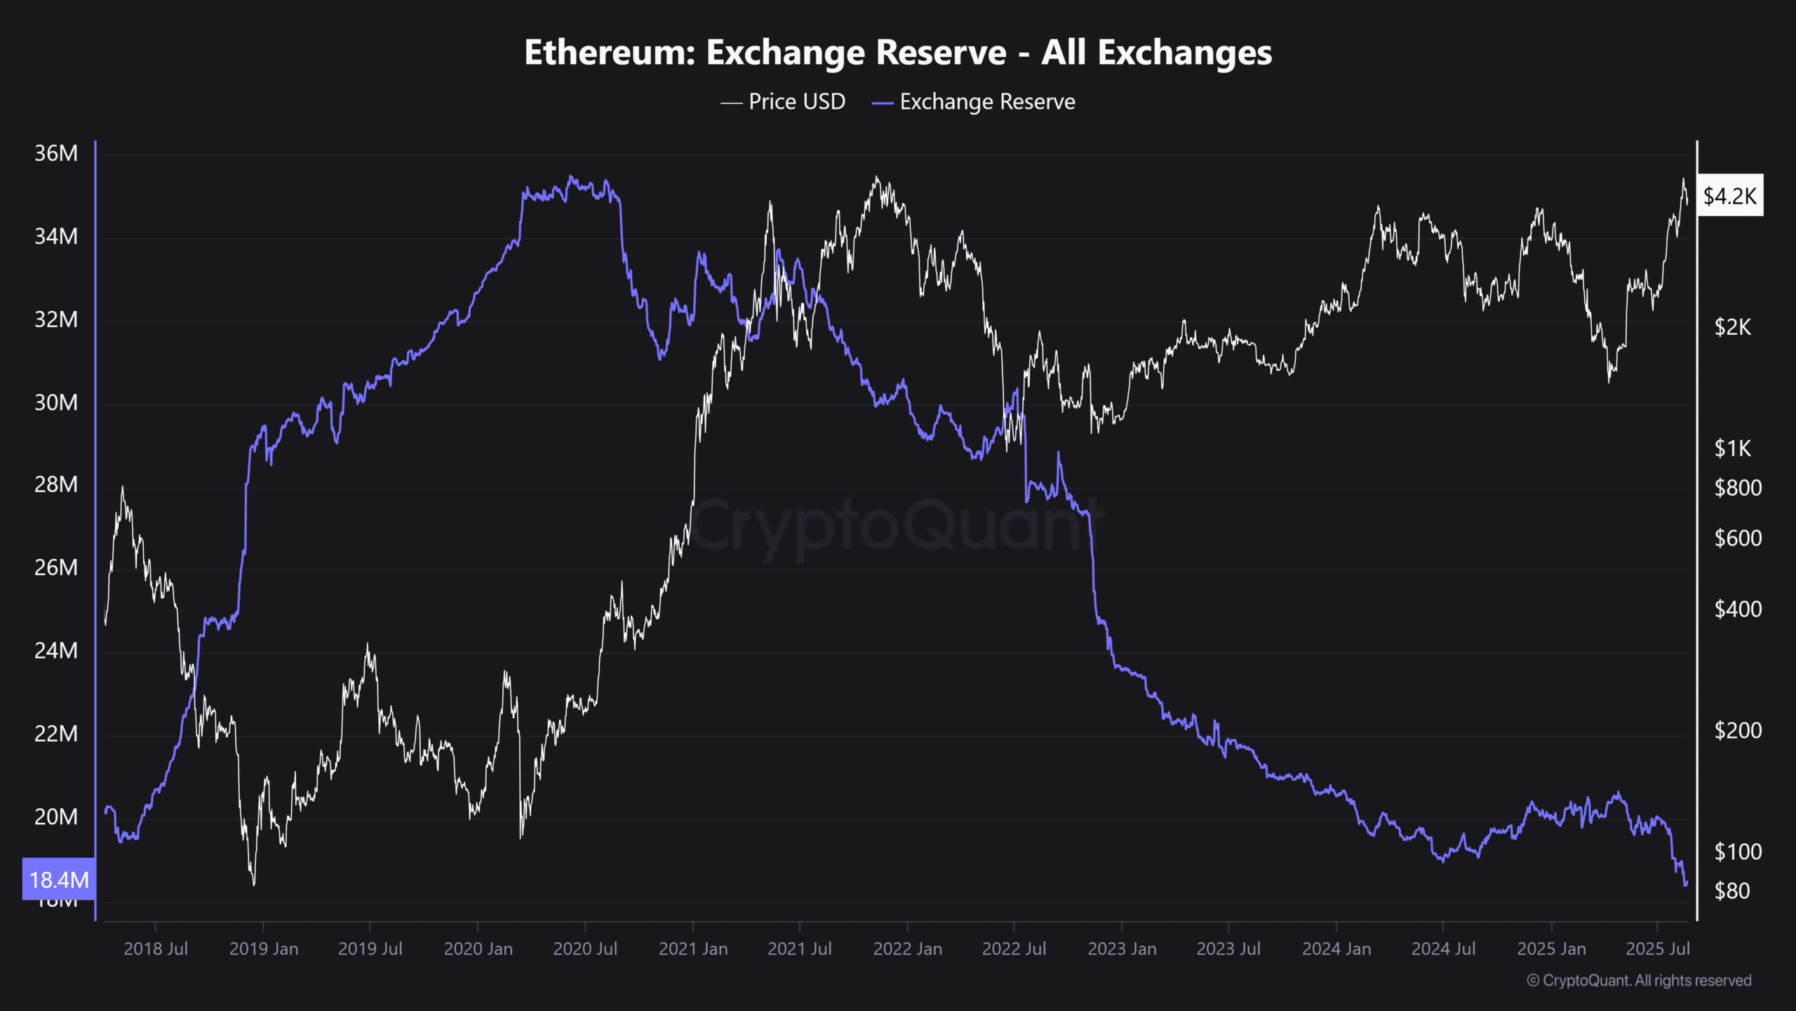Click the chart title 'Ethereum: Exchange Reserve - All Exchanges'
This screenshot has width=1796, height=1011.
coord(898,53)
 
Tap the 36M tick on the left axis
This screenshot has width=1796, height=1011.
coord(56,153)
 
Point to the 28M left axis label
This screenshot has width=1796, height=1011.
coord(56,484)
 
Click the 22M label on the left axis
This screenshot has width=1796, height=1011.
coord(56,734)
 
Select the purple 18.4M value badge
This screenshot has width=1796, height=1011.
coord(59,879)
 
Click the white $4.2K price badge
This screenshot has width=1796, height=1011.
coord(1729,195)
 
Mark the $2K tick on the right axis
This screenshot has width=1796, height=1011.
coord(1732,326)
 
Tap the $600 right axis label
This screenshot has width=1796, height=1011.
coord(1738,538)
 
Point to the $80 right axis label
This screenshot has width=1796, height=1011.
coord(1732,891)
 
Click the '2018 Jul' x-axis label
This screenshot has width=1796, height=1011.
coord(156,949)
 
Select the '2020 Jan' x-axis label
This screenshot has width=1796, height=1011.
coord(478,949)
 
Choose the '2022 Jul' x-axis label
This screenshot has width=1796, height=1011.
coord(1014,949)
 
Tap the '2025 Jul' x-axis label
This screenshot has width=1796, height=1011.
coord(1658,949)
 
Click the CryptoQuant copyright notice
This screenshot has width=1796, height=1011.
coord(1639,980)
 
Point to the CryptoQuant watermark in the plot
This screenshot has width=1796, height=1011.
coord(898,527)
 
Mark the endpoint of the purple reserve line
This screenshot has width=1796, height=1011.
coord(1686,884)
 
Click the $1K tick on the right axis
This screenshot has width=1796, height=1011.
coord(1732,448)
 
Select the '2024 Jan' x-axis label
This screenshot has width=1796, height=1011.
coord(1336,949)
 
